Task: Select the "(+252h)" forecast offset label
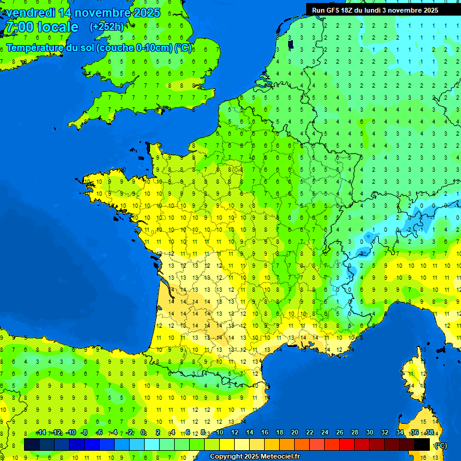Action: pyautogui.click(x=106, y=26)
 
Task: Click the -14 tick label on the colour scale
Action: pyautogui.click(x=41, y=433)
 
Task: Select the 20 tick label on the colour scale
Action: pyautogui.click(x=294, y=433)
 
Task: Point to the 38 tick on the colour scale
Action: pyautogui.click(x=430, y=433)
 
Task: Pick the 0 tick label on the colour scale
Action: pyautogui.click(x=143, y=433)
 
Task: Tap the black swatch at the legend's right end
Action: pyautogui.click(x=422, y=444)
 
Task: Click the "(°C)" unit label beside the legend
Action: pyautogui.click(x=441, y=445)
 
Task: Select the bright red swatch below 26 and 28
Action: pyautogui.click(x=347, y=444)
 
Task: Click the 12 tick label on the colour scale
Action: pyautogui.click(x=234, y=433)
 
